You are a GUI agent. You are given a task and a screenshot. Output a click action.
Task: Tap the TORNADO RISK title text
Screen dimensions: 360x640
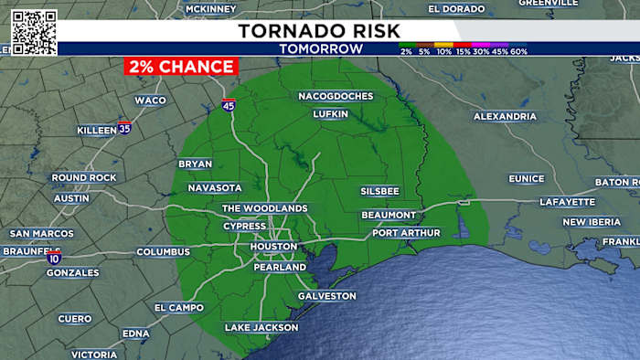320,30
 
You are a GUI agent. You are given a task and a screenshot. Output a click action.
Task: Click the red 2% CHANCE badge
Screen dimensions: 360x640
180,67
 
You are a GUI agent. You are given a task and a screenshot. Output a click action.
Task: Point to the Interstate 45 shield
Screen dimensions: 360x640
228,105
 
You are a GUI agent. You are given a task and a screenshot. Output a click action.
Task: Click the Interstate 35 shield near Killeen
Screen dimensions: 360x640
124,129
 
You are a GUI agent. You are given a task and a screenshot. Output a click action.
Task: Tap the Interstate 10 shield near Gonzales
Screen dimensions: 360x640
54,259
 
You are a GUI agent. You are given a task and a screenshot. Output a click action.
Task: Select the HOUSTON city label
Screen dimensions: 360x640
273,247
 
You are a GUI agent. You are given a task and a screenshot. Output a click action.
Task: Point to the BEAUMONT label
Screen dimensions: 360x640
389,215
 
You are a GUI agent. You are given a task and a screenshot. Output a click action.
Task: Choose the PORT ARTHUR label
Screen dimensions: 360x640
406,233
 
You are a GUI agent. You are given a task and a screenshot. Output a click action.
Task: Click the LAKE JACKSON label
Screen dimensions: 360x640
261,327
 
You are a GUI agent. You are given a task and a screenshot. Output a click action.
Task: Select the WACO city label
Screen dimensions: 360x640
150,100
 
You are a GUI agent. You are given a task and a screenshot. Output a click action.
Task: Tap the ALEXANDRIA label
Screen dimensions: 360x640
505,116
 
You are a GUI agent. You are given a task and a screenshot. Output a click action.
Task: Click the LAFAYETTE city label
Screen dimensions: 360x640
567,201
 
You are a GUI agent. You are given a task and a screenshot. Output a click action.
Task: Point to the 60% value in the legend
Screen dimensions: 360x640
518,52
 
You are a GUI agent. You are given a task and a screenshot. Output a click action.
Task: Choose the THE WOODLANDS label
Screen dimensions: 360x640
265,208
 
